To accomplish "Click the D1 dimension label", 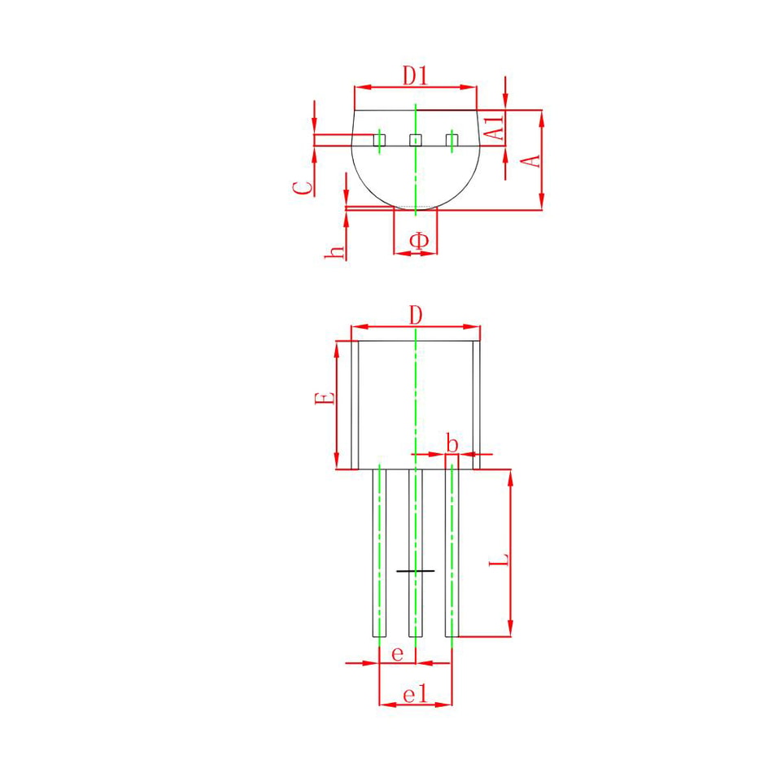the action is [x=415, y=76].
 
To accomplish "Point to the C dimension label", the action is [x=303, y=188].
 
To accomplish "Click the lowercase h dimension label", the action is [x=334, y=251].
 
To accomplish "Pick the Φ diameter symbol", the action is [x=419, y=241].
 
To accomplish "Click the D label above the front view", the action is [x=416, y=316].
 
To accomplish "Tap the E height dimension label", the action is [x=325, y=399].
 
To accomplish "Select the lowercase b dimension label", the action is [x=452, y=443].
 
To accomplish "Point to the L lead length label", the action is [x=499, y=559].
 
